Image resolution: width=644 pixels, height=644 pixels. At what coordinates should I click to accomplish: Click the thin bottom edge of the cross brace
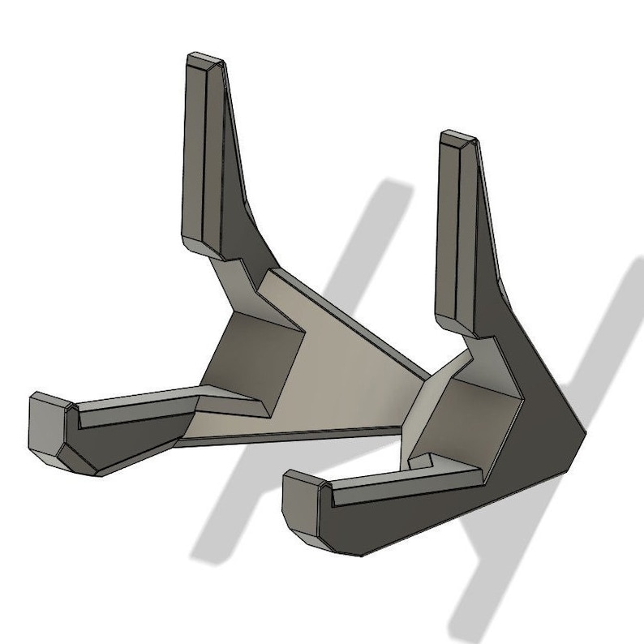tap(292, 438)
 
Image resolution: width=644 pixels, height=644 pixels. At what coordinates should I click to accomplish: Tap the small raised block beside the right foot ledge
tap(421, 462)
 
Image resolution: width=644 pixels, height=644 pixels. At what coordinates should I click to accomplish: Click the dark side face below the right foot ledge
tap(406, 519)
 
